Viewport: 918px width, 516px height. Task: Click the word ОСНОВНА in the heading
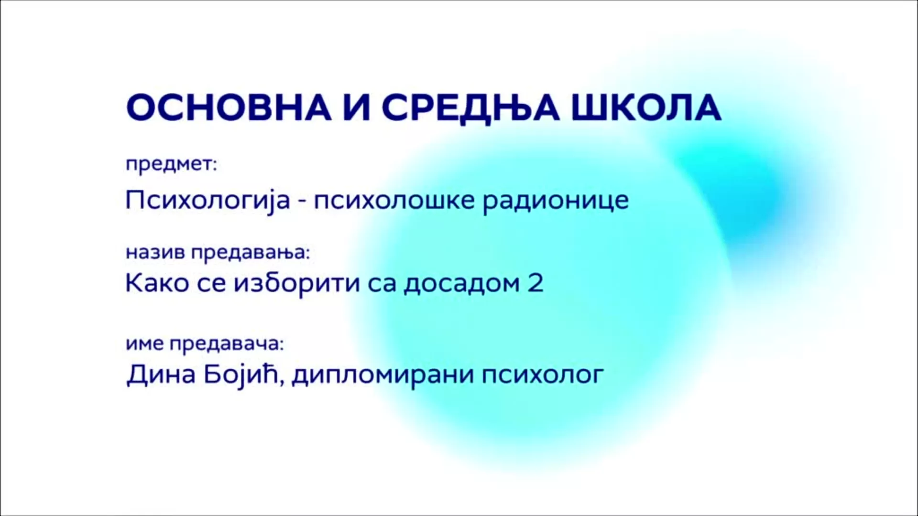pos(229,108)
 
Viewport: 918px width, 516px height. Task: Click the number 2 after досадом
pos(535,283)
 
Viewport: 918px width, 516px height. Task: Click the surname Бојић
pos(241,375)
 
